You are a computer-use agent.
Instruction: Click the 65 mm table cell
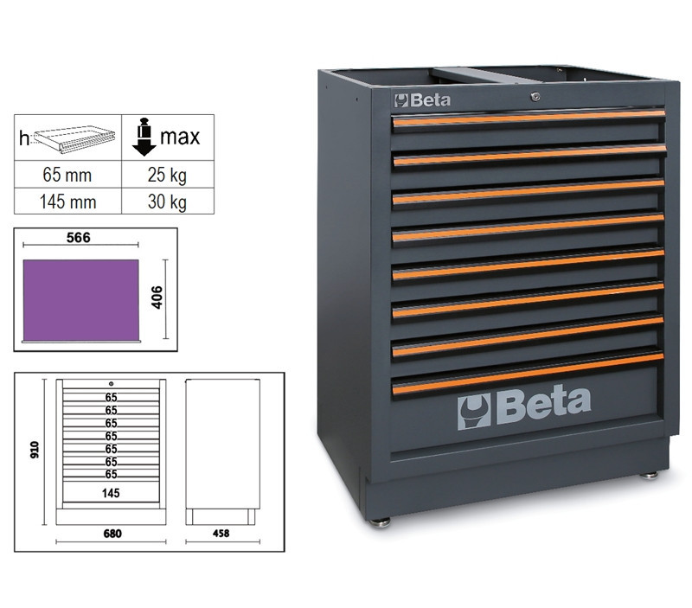(x=68, y=175)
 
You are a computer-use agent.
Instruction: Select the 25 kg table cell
(x=168, y=175)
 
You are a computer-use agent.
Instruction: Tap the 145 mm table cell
(x=68, y=202)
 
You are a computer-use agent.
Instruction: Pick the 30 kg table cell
(x=168, y=202)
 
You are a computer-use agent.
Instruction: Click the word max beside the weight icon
(x=180, y=137)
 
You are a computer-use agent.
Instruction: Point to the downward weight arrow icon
(x=144, y=137)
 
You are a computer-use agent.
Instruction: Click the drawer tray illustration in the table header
(x=74, y=139)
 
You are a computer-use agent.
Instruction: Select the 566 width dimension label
(x=78, y=237)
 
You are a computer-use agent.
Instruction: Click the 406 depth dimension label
(x=157, y=298)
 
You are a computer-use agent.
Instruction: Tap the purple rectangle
(x=80, y=300)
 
